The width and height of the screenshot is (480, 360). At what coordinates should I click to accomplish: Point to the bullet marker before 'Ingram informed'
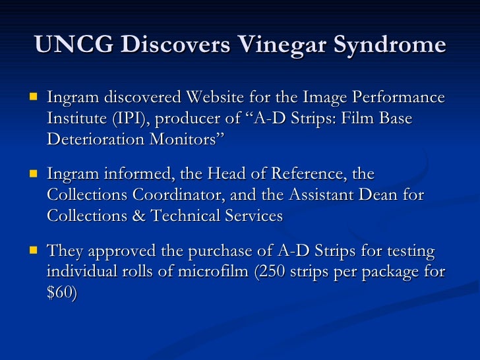(32, 174)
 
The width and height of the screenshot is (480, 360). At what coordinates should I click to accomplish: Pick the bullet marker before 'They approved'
(32, 251)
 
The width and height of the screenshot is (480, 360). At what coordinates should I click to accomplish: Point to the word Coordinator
(180, 196)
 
